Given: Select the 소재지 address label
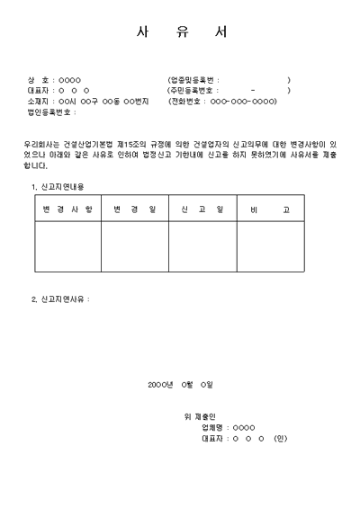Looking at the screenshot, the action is (x=40, y=102).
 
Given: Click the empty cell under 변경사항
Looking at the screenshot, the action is (x=67, y=246).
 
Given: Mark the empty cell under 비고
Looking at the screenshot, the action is (x=269, y=246).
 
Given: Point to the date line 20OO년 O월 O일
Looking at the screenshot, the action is (x=180, y=385).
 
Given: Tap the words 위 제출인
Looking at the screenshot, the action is (x=199, y=416).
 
